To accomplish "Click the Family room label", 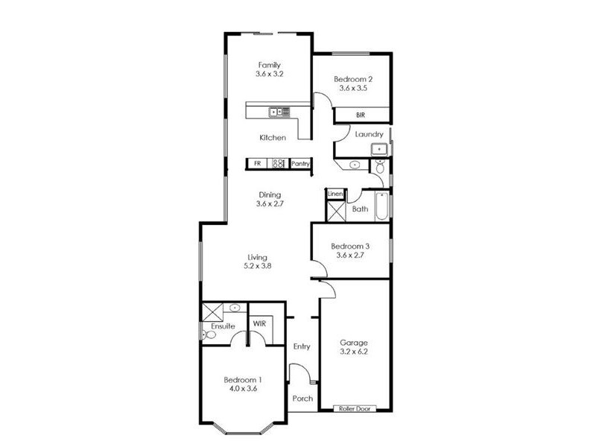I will click(x=270, y=65).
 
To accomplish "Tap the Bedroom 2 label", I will click(x=352, y=79).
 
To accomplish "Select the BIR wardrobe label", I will click(x=361, y=115).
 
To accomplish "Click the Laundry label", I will click(x=369, y=135).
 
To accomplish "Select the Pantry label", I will click(x=300, y=163).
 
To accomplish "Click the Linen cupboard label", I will click(x=335, y=194).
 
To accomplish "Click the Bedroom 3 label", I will click(x=350, y=247).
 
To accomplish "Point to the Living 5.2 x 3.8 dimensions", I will click(x=256, y=265).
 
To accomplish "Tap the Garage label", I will click(x=355, y=343).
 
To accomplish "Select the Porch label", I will click(x=302, y=399).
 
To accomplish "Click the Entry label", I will click(x=302, y=346).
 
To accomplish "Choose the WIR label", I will click(x=260, y=324).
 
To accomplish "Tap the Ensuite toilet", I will click(x=209, y=335).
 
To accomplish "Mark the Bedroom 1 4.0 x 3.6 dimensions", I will click(x=241, y=388).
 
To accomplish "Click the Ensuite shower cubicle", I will click(x=213, y=311).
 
